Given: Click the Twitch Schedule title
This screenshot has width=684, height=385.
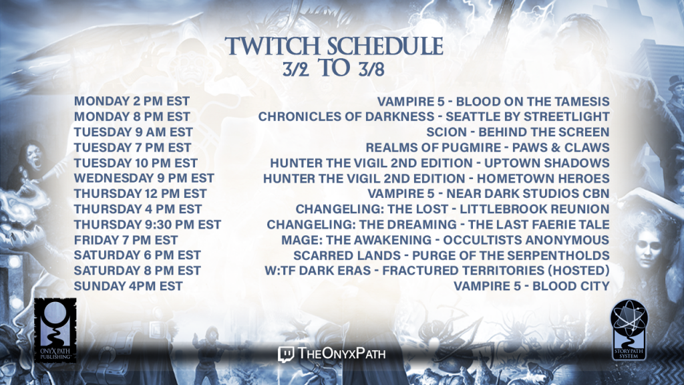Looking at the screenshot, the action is pyautogui.click(x=334, y=46).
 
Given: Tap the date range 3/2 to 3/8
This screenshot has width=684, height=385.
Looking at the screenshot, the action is pyautogui.click(x=334, y=68).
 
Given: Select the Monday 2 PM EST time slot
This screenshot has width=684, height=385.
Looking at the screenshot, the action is pyautogui.click(x=132, y=102).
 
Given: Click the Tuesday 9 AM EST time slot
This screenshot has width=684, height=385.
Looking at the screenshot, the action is pyautogui.click(x=134, y=132).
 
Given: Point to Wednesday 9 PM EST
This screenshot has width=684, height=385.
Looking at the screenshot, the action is pyautogui.click(x=144, y=178).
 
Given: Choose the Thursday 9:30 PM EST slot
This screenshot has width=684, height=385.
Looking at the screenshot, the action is pyautogui.click(x=148, y=225).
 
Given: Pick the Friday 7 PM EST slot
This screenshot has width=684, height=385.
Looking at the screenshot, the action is pyautogui.click(x=126, y=240).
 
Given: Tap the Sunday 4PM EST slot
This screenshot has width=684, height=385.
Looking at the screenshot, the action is pyautogui.click(x=128, y=286).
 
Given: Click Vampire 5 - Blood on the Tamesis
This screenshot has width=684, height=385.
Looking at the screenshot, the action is pyautogui.click(x=494, y=102).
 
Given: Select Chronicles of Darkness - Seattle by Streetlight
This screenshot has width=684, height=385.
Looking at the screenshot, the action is pyautogui.click(x=434, y=116).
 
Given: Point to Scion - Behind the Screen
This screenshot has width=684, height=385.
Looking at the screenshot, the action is pyautogui.click(x=518, y=132).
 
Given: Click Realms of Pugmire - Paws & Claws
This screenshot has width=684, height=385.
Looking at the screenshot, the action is pyautogui.click(x=488, y=148).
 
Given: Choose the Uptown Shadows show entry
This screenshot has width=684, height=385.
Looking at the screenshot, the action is pyautogui.click(x=440, y=163).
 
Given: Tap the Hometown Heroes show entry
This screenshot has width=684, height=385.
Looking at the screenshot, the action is pyautogui.click(x=436, y=178).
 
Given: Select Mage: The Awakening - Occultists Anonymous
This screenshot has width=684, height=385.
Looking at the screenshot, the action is pyautogui.click(x=446, y=240).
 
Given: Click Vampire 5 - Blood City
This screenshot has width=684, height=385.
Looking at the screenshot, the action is pyautogui.click(x=532, y=286).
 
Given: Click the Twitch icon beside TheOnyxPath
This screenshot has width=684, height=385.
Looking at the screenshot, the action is pyautogui.click(x=286, y=354).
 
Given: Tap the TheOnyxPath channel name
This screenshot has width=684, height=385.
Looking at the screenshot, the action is pyautogui.click(x=341, y=353).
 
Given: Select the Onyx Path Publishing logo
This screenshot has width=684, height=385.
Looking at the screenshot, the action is pyautogui.click(x=55, y=330).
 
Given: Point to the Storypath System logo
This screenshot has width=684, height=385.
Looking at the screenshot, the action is pyautogui.click(x=629, y=330).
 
